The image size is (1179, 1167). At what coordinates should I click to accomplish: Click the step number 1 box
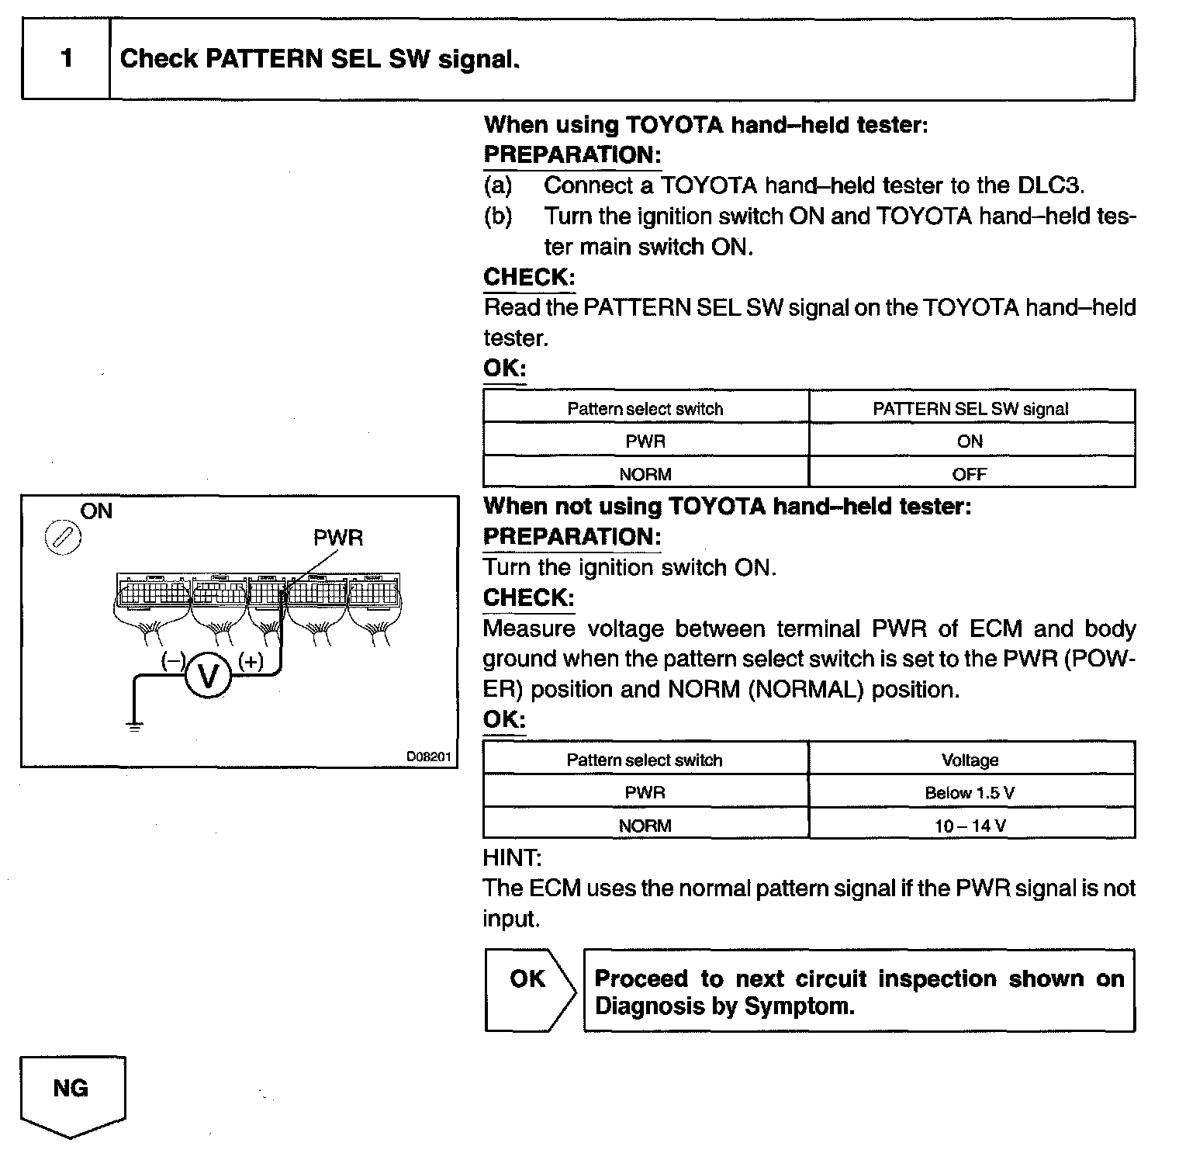click(x=67, y=59)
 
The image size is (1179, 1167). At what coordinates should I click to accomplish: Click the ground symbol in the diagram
click(x=135, y=726)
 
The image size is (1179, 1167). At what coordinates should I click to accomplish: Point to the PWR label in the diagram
click(x=337, y=538)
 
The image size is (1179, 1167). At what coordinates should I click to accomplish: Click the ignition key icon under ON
click(x=64, y=538)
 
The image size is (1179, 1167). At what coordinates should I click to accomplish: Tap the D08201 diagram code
click(x=429, y=757)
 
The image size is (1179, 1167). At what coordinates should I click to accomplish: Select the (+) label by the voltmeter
click(x=251, y=662)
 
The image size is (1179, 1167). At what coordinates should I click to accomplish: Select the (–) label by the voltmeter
click(x=172, y=662)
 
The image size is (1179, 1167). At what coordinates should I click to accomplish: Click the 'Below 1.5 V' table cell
click(x=970, y=792)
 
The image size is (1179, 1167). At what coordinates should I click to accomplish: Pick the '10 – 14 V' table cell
click(x=970, y=826)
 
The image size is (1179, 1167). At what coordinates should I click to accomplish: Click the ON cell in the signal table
click(x=970, y=442)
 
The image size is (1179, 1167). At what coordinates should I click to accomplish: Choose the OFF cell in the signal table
click(x=970, y=474)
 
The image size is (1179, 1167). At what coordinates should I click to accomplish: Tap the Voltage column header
click(x=970, y=760)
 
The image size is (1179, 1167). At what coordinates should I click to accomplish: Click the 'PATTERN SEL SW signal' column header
click(x=970, y=409)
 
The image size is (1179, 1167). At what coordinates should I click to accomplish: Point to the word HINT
click(x=511, y=858)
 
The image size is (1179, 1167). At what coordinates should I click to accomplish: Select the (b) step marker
click(x=498, y=216)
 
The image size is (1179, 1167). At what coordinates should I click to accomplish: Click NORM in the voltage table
click(x=645, y=826)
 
